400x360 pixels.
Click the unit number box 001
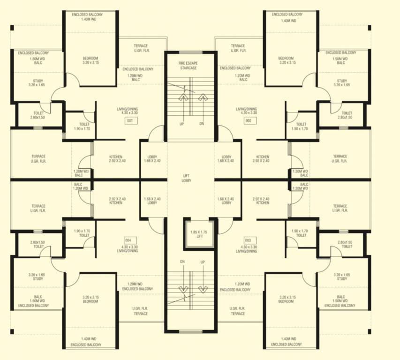tap(130, 120)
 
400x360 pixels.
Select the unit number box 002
tap(249, 120)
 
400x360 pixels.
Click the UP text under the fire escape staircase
tap(182, 124)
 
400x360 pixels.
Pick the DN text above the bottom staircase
tap(182, 262)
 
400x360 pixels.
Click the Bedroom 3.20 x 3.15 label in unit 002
tap(286, 60)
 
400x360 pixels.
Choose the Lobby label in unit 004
tap(152, 201)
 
